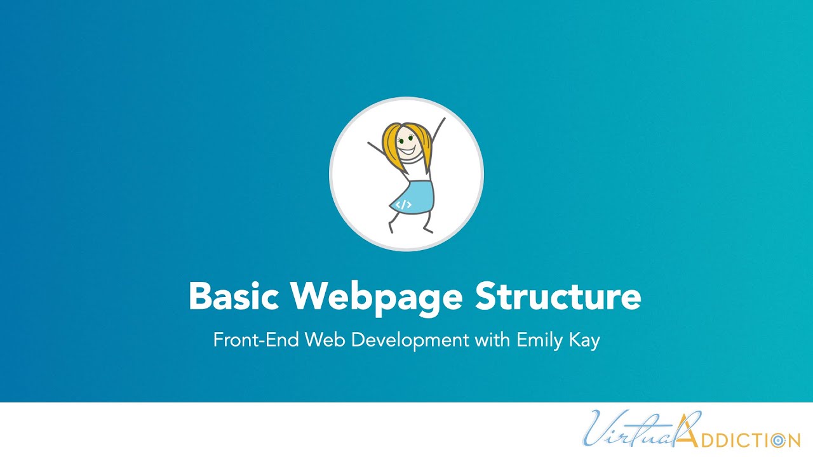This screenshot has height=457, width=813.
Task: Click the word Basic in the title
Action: (x=234, y=296)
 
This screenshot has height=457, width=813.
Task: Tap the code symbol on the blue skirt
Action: (x=404, y=204)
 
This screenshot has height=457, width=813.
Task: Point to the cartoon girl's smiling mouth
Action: (x=406, y=151)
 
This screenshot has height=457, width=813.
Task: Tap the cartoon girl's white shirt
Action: (x=416, y=170)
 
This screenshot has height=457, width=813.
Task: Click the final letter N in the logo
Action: (x=794, y=439)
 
